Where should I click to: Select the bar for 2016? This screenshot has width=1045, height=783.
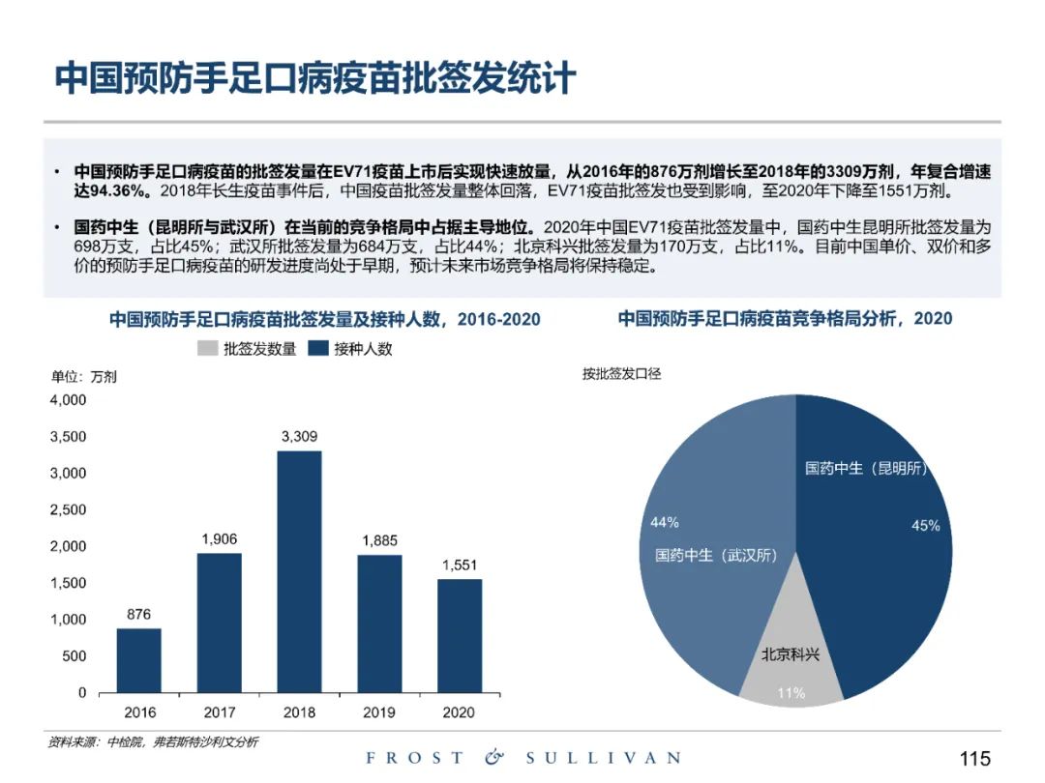[x=139, y=660]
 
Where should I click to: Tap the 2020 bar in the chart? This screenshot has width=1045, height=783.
[x=459, y=635]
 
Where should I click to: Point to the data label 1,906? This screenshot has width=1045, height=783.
[x=220, y=538]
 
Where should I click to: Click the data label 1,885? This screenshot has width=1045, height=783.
[x=379, y=540]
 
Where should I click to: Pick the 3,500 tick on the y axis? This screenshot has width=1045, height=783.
[x=68, y=437]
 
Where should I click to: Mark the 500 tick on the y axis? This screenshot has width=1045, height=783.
[x=75, y=656]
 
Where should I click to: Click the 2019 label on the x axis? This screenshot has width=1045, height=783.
[x=379, y=712]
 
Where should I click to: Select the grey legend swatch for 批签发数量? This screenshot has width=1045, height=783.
[x=207, y=349]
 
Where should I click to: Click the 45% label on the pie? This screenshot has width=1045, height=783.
[x=926, y=526]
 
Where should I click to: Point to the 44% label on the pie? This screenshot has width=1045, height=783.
[x=665, y=523]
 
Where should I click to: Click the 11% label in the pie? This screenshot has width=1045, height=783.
[x=791, y=692]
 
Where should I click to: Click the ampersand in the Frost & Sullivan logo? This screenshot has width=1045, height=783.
[x=494, y=758]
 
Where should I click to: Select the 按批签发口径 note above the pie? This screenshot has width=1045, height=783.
[x=621, y=374]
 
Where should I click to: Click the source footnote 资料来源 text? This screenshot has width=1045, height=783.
[x=153, y=741]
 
